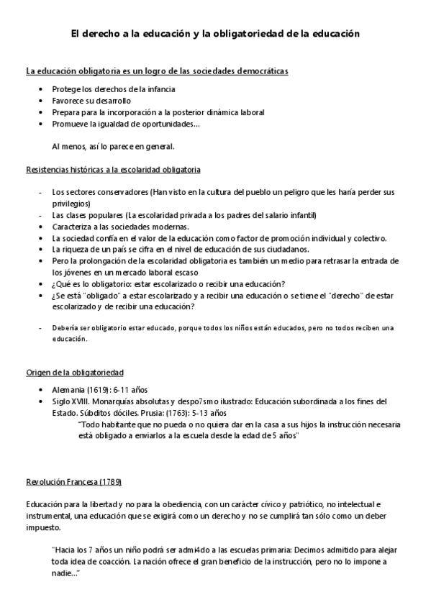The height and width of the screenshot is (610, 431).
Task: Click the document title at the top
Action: click(x=214, y=33)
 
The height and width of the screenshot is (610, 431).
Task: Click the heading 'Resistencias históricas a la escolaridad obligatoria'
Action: click(x=113, y=170)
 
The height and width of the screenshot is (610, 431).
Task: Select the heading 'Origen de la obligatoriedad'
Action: click(x=75, y=372)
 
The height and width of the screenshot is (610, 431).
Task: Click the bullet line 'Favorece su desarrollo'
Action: click(x=91, y=101)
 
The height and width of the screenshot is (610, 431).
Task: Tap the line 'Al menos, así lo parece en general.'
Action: click(x=113, y=146)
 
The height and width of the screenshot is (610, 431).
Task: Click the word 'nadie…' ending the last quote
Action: click(x=65, y=573)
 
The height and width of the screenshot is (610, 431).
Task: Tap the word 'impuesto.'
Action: click(x=43, y=526)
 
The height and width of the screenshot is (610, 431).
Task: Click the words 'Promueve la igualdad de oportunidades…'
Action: click(x=126, y=124)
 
